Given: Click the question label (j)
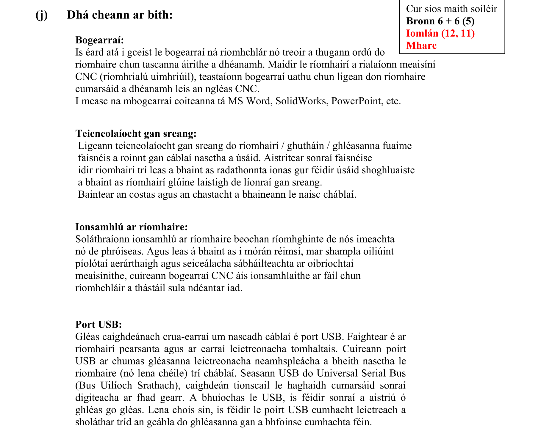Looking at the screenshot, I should (x=41, y=15).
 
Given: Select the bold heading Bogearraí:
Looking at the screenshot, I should (x=99, y=40).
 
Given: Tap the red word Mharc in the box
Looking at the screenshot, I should (x=421, y=45).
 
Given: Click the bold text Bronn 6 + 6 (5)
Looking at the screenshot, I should (x=440, y=21).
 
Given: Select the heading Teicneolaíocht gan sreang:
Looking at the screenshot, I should (x=136, y=133).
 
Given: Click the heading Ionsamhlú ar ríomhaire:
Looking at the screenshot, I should (x=132, y=227).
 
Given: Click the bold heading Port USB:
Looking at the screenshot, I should (x=98, y=324).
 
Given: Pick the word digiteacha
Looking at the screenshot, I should (x=97, y=397).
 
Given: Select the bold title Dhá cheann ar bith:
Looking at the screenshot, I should (x=120, y=15).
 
